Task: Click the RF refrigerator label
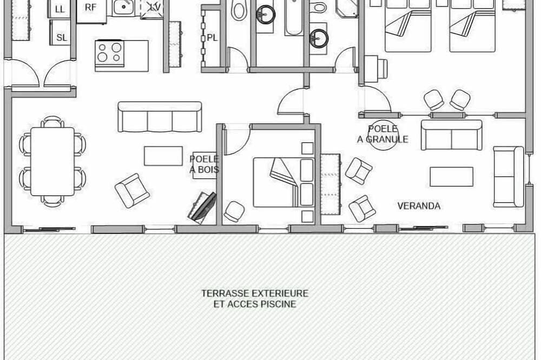tap(90, 8)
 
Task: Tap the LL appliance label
tap(60, 9)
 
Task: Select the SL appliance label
tap(62, 38)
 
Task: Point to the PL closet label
tap(213, 38)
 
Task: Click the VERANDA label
tap(419, 206)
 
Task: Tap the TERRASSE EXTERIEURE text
tap(255, 294)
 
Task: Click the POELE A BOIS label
tap(204, 164)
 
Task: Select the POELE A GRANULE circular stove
tap(383, 137)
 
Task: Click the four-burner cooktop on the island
tap(109, 52)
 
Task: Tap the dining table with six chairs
tap(52, 162)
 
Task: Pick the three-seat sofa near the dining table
tap(160, 117)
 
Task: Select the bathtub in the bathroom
tap(294, 17)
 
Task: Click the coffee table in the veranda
tap(451, 177)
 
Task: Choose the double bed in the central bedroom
tap(283, 182)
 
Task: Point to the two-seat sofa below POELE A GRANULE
tap(452, 135)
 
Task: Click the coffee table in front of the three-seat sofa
tap(163, 156)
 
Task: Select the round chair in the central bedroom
tap(234, 211)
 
